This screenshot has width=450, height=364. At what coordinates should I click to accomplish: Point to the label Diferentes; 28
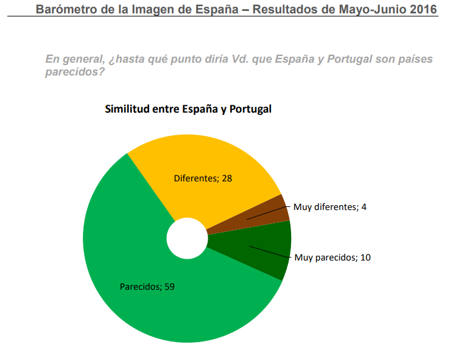[203, 179]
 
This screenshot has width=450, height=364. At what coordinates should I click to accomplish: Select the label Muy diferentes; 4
[329, 207]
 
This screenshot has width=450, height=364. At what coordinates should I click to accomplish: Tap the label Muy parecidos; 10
[332, 257]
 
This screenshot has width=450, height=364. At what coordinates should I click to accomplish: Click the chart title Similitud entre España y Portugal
[188, 110]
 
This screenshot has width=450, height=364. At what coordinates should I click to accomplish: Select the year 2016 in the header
[424, 9]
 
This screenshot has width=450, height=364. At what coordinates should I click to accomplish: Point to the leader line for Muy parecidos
[270, 252]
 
